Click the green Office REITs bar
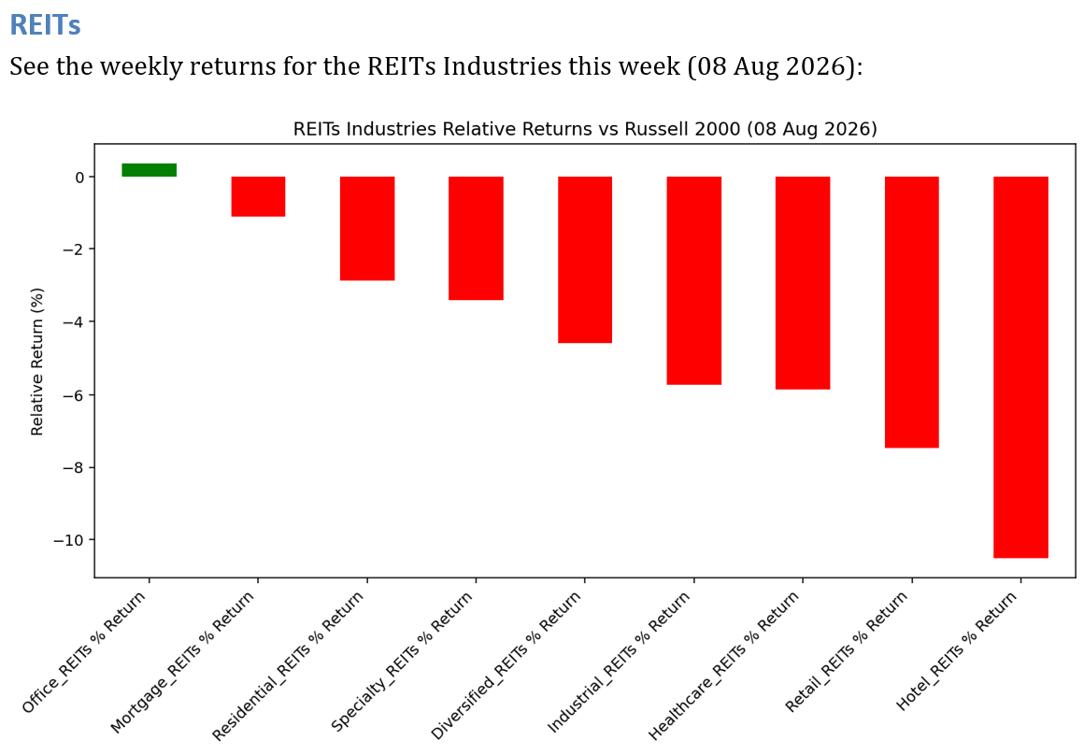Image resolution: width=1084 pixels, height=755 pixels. (150, 170)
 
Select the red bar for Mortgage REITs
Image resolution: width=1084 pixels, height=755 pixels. (258, 197)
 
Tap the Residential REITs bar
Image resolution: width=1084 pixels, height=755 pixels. (367, 229)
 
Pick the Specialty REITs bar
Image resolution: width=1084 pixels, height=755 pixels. (477, 238)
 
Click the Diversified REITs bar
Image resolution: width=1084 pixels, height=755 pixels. (585, 260)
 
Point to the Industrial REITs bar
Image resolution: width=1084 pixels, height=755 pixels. (694, 280)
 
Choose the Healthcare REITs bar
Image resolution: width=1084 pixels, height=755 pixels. (803, 283)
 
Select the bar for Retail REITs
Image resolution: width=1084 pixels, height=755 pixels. (912, 312)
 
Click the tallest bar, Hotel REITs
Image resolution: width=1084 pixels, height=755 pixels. (1021, 367)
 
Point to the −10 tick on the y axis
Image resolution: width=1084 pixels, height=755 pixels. (70, 540)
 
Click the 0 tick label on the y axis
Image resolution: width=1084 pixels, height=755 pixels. (80, 178)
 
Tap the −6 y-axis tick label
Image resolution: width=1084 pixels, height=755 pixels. (74, 395)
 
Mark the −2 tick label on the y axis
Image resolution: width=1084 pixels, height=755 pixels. (74, 249)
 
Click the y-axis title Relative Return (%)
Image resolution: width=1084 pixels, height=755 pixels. (36, 362)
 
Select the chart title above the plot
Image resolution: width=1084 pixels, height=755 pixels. (585, 129)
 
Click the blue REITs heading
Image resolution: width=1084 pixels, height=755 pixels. (45, 25)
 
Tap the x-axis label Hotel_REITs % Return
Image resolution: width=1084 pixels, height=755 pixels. (957, 651)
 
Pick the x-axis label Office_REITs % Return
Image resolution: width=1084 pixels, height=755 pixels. (84, 652)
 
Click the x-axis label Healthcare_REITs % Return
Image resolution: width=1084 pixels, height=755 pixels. (724, 665)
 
